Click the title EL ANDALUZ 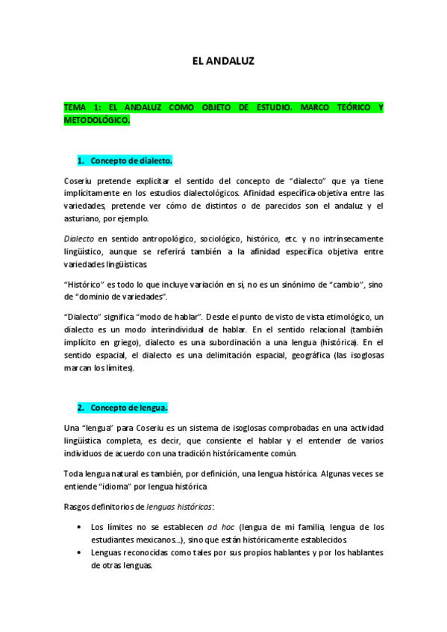tap(223, 62)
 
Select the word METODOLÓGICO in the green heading tap(96, 120)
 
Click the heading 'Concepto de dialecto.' tap(131, 161)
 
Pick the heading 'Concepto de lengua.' tap(128, 408)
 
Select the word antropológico tap(161, 238)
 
